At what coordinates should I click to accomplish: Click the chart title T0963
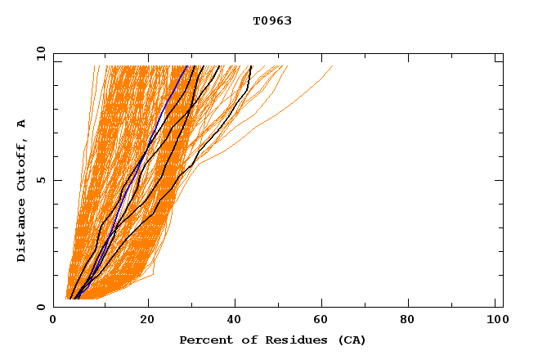(272, 20)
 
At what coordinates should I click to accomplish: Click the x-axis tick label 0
(53, 321)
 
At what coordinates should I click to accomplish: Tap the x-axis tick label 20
(147, 321)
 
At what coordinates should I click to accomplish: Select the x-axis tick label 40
(235, 321)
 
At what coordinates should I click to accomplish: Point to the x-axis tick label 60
(324, 321)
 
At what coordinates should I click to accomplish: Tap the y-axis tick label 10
(40, 53)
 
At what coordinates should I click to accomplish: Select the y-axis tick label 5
(40, 180)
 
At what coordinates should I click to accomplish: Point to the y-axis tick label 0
(40, 307)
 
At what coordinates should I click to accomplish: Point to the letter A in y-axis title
(22, 124)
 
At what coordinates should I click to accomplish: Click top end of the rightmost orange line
(333, 65)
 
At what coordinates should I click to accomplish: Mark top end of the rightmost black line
(251, 65)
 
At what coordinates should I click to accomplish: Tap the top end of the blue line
(187, 65)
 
